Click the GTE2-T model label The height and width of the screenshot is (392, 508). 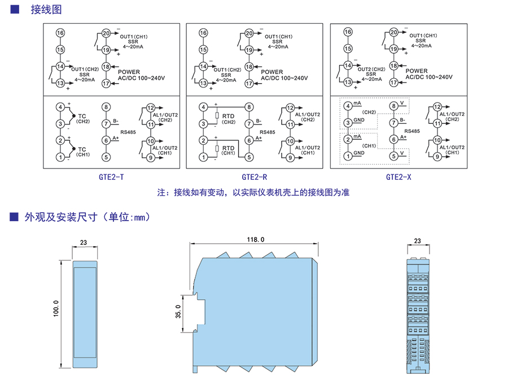[x=111, y=177]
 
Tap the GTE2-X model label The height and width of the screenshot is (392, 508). [x=398, y=177]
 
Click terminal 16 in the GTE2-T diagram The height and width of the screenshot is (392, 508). [x=60, y=32]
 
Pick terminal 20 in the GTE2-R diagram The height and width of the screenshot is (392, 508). [x=248, y=33]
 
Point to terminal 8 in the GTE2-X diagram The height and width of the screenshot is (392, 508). [x=393, y=106]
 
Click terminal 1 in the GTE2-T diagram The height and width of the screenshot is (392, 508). [x=60, y=157]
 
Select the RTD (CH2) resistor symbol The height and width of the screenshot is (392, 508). [x=216, y=118]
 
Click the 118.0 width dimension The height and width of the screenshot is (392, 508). [x=255, y=240]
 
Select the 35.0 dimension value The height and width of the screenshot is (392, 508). [x=178, y=312]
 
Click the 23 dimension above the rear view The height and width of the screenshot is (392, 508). [x=418, y=241]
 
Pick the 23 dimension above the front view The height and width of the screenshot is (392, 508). [x=84, y=243]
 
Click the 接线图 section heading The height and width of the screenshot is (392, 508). [x=45, y=10]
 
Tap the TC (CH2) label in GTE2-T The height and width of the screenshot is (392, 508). [x=83, y=118]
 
